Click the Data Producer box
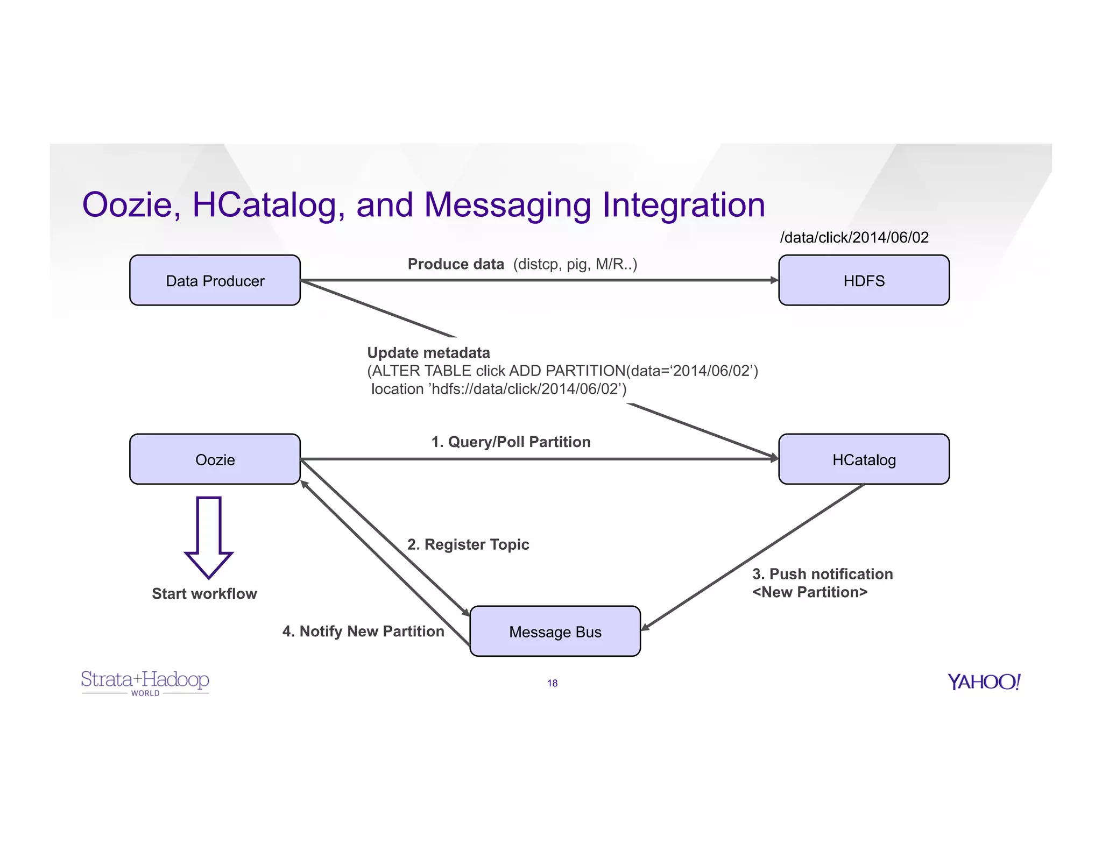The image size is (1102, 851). point(215,280)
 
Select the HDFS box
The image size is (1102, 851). point(864,280)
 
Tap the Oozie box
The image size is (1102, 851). point(215,459)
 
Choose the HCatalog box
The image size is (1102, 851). point(864,459)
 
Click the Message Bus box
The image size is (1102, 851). point(555,632)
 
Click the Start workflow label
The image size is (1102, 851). point(204,593)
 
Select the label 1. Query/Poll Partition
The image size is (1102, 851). point(511,442)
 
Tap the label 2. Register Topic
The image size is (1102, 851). point(468,544)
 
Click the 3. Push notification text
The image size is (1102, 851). point(822,574)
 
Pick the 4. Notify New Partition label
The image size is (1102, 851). point(363,631)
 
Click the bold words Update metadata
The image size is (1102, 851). point(428,353)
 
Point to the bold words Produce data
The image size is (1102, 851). point(455,264)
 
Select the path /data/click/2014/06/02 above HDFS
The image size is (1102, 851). point(854,237)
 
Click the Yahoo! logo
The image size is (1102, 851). point(984,682)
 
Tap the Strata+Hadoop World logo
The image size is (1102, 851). point(145,682)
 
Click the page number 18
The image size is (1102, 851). point(552,683)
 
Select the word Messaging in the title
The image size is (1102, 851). point(507,205)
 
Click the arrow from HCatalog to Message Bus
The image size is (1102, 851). point(753,557)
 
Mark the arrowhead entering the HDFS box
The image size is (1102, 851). point(774,280)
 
